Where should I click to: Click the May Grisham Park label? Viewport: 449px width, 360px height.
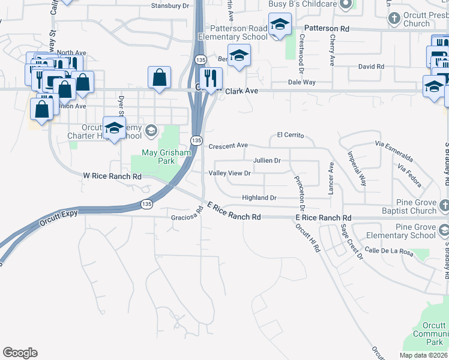pos(166,157)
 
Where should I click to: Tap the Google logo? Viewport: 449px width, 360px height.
pos(20,353)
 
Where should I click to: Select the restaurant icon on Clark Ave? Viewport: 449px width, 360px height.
pos(211,78)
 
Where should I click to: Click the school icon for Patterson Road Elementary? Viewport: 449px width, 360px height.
pos(279,26)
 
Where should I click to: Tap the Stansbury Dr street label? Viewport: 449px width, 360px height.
pos(170,5)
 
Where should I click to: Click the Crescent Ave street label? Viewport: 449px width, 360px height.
pos(228,146)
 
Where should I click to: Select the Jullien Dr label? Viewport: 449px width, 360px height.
pos(267,161)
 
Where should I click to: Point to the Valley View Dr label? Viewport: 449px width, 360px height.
pos(229,173)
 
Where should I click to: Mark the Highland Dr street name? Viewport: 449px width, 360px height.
pos(259,198)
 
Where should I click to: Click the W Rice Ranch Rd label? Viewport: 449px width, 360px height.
pos(112,176)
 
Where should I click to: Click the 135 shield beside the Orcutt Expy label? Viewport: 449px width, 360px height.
pos(146,204)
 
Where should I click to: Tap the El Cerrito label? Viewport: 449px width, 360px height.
pos(292,135)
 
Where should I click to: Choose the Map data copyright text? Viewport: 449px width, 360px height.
pos(424,355)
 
